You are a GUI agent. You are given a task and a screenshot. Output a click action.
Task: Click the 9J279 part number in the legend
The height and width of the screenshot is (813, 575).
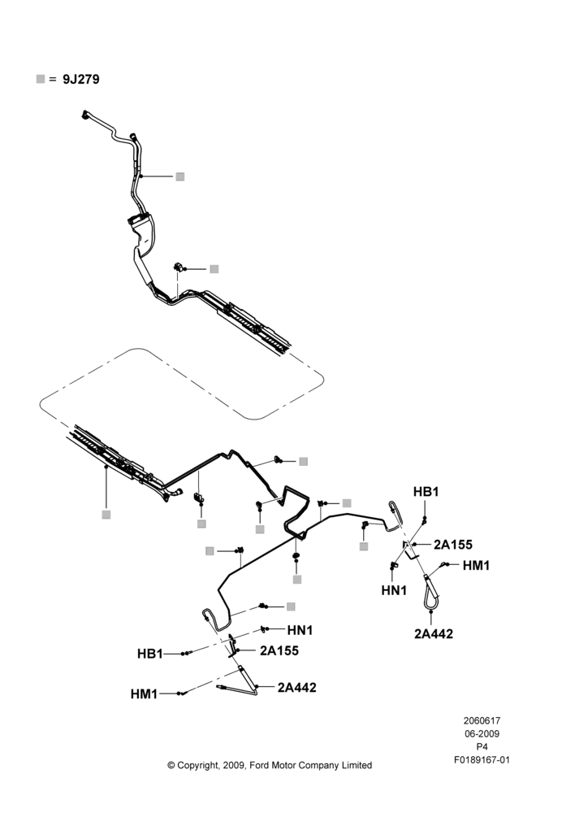click(81, 80)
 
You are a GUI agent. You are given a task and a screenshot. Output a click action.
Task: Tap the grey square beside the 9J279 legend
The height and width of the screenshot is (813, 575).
click(41, 79)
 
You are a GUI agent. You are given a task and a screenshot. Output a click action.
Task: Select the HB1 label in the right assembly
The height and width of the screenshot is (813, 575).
click(426, 492)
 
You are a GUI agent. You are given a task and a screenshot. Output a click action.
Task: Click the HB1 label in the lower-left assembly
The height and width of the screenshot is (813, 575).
click(149, 654)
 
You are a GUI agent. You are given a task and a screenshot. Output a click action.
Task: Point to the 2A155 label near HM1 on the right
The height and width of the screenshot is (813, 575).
click(452, 545)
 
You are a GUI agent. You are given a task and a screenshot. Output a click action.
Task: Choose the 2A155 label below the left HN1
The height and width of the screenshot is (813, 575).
click(279, 650)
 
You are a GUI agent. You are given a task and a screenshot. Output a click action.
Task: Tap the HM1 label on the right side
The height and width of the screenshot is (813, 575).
click(476, 565)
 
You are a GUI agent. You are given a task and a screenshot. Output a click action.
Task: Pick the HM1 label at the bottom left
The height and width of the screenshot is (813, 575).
click(144, 693)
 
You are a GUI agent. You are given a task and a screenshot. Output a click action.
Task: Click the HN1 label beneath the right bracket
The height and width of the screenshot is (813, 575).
click(394, 590)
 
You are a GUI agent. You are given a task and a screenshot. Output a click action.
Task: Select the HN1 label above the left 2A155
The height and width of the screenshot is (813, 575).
click(300, 630)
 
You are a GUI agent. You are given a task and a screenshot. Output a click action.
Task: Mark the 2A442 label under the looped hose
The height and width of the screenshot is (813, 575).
click(434, 633)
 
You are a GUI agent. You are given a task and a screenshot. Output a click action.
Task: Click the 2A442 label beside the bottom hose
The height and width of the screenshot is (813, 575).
click(296, 688)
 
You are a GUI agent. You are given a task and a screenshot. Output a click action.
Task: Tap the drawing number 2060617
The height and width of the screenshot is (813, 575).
click(482, 720)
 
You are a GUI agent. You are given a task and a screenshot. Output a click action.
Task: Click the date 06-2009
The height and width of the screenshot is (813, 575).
click(482, 733)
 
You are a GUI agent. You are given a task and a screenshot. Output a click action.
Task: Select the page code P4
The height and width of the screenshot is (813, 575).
click(482, 747)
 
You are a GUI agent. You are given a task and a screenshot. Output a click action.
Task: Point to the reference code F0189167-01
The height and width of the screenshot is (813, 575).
click(482, 760)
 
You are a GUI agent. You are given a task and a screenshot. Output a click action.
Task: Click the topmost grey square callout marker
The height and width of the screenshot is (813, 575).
click(179, 176)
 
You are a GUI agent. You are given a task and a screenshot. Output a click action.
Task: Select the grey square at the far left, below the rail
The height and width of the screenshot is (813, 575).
click(106, 515)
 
